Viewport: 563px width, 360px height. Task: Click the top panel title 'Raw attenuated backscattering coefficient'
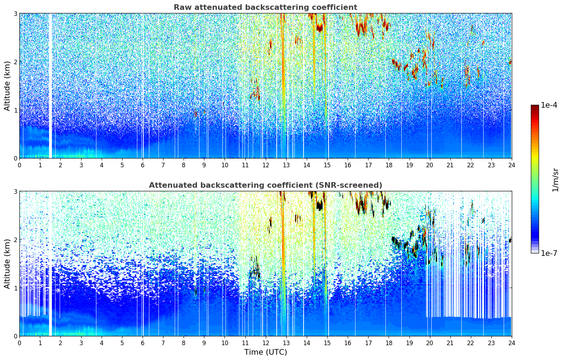click(265, 7)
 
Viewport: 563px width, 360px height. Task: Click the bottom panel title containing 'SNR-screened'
click(265, 185)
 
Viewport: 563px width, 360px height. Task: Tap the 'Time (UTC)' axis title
click(265, 352)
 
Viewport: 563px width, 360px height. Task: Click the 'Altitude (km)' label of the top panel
click(7, 86)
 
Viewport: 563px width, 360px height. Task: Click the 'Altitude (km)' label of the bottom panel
click(7, 264)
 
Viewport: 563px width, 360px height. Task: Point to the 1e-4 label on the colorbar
click(549, 105)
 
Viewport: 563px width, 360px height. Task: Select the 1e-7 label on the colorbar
click(549, 253)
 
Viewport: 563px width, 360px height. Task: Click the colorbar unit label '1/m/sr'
click(555, 180)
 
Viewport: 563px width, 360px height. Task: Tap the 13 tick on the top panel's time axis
click(286, 165)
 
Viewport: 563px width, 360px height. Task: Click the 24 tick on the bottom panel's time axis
click(512, 343)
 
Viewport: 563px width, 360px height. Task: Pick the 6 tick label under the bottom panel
click(143, 343)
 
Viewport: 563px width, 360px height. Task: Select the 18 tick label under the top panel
click(389, 165)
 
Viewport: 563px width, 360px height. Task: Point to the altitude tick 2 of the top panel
click(15, 62)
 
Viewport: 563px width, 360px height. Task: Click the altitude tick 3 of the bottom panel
click(15, 192)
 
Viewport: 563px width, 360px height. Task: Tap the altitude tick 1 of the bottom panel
click(15, 288)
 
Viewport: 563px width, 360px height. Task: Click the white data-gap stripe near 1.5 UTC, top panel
click(50, 86)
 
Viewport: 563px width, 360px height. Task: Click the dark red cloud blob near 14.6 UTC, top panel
click(319, 28)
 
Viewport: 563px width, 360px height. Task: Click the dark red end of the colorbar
click(535, 107)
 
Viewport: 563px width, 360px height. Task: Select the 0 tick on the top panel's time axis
click(20, 165)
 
